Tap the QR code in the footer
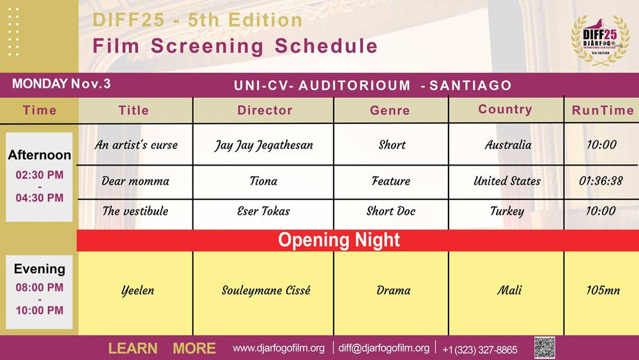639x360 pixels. tap(544, 348)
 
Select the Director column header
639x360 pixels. tap(265, 110)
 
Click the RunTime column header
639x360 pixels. tap(603, 110)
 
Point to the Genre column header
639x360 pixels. tap(390, 110)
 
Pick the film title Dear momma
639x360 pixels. tap(135, 181)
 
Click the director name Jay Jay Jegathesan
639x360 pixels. tap(264, 145)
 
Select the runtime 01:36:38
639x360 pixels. tap(601, 181)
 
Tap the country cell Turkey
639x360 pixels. tap(507, 211)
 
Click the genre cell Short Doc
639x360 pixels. tap(391, 211)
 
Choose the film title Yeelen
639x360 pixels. tap(138, 291)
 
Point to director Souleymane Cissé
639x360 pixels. tap(266, 290)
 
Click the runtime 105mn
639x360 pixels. tap(603, 290)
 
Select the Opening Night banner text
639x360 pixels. tap(339, 240)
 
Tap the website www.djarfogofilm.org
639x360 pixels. tap(279, 348)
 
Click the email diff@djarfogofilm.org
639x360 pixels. tap(384, 348)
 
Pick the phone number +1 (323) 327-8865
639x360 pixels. tap(480, 349)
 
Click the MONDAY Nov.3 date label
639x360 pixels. tap(61, 84)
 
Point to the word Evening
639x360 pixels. tap(40, 269)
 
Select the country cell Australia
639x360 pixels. tap(508, 145)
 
